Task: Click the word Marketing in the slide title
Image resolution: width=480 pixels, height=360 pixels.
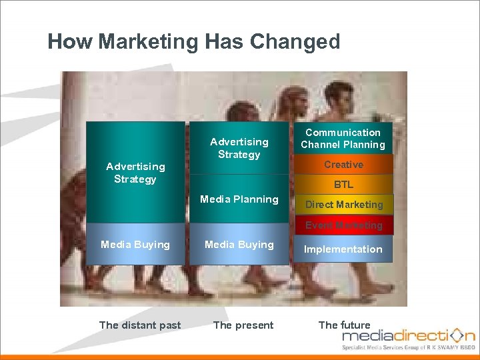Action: [147, 42]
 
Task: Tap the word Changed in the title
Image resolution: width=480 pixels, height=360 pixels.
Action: [295, 42]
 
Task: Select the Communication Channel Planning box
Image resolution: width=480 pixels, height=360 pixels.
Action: [343, 139]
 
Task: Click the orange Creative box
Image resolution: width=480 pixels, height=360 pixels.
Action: [343, 165]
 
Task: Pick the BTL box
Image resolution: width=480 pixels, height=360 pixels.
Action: [343, 185]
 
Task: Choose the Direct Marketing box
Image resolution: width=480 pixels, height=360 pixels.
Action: [344, 205]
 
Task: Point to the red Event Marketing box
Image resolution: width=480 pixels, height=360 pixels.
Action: [344, 225]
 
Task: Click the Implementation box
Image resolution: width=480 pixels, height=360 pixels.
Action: [343, 249]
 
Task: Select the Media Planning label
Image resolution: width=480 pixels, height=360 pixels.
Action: [239, 199]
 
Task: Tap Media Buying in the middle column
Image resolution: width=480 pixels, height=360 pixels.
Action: [239, 245]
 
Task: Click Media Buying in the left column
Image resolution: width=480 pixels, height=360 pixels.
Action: [135, 245]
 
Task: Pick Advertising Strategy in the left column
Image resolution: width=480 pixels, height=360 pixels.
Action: [135, 173]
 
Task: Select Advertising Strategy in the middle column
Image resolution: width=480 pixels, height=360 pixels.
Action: [239, 148]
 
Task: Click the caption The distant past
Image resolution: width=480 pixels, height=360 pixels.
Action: [140, 325]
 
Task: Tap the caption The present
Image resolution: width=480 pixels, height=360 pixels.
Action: [243, 325]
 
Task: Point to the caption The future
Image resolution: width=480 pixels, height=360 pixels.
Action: [344, 325]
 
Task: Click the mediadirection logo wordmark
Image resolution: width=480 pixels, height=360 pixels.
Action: [400, 335]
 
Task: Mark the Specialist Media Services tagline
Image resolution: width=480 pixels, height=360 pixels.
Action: [408, 348]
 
